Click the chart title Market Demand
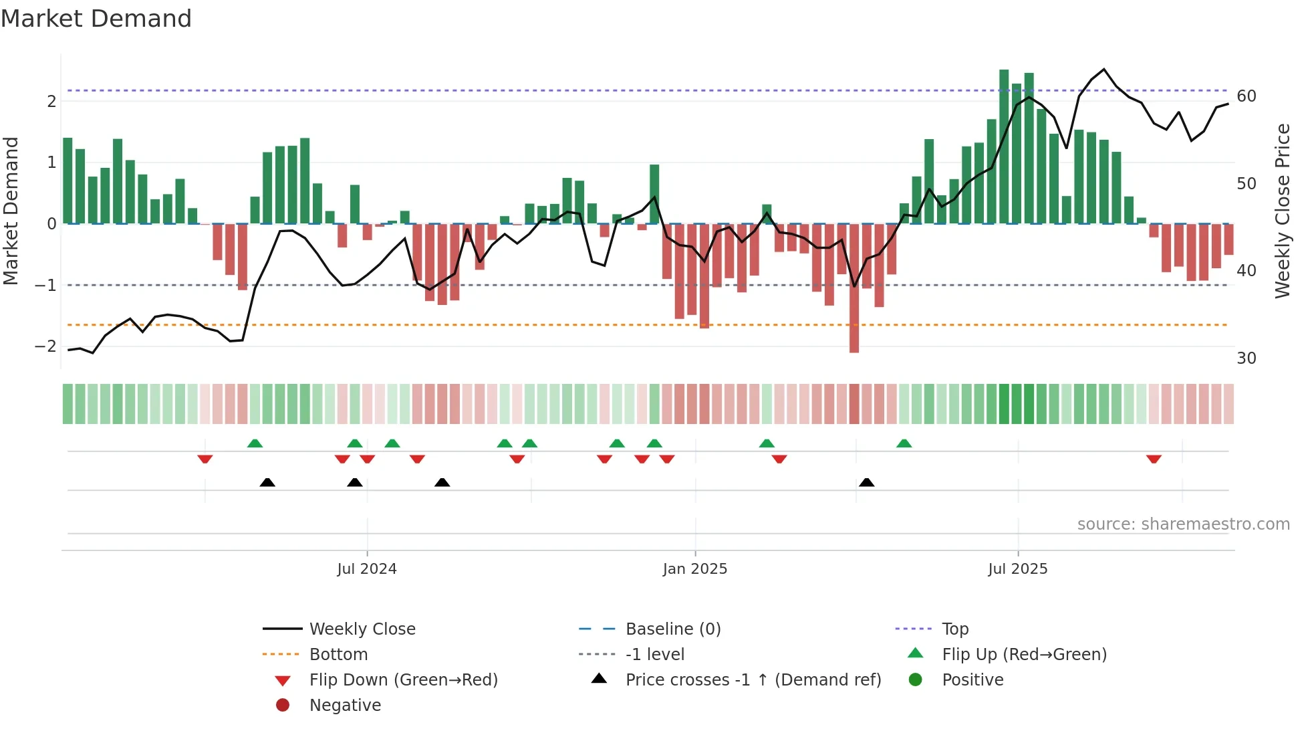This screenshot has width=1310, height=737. [x=96, y=19]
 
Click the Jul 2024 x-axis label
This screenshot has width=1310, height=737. [x=366, y=569]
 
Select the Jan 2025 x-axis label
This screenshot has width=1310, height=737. [x=694, y=569]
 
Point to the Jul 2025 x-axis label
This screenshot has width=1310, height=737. [x=1017, y=569]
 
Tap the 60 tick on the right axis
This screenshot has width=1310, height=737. [x=1246, y=96]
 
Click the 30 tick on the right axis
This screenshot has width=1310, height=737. [x=1246, y=358]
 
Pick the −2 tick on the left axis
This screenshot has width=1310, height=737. [x=45, y=346]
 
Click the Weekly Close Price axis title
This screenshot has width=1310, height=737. [x=1282, y=211]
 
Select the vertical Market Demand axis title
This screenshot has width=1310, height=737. [x=11, y=211]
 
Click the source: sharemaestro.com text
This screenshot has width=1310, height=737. [x=1183, y=524]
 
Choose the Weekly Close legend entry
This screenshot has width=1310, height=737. [x=362, y=629]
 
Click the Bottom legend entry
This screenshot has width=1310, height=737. [x=338, y=655]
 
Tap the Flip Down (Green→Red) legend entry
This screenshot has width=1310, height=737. [x=403, y=680]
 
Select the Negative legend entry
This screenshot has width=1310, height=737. [x=345, y=706]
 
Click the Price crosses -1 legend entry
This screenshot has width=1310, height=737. [x=753, y=680]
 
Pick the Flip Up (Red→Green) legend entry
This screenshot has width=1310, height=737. [x=1024, y=655]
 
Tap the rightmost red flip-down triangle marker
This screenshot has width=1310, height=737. [x=1154, y=459]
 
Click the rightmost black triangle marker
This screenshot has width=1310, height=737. [x=866, y=482]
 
